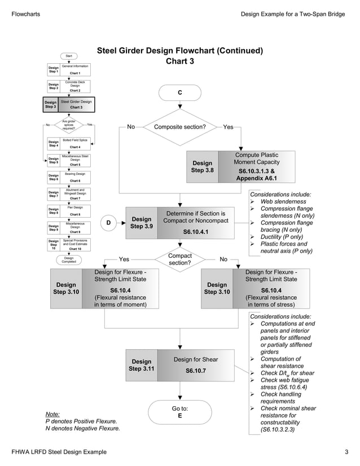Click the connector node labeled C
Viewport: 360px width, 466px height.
[x=179, y=93]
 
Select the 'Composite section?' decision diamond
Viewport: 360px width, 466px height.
[x=179, y=127]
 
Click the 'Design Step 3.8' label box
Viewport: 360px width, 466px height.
[x=202, y=166]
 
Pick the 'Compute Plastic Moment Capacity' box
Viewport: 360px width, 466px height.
[x=256, y=166]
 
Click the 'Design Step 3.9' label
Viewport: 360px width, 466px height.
[x=141, y=223]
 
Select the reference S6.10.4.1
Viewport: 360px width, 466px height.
[x=195, y=232]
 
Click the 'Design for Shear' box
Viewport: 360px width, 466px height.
[x=195, y=365]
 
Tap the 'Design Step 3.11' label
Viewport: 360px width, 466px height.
[x=141, y=365]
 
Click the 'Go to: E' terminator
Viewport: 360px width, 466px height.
[x=179, y=412]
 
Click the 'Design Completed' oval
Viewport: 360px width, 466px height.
[x=68, y=260]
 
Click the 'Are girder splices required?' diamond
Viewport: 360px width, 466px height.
[x=68, y=124]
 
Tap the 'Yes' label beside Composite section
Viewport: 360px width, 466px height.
[x=228, y=127]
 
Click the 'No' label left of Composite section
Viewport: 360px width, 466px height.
[x=131, y=127]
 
